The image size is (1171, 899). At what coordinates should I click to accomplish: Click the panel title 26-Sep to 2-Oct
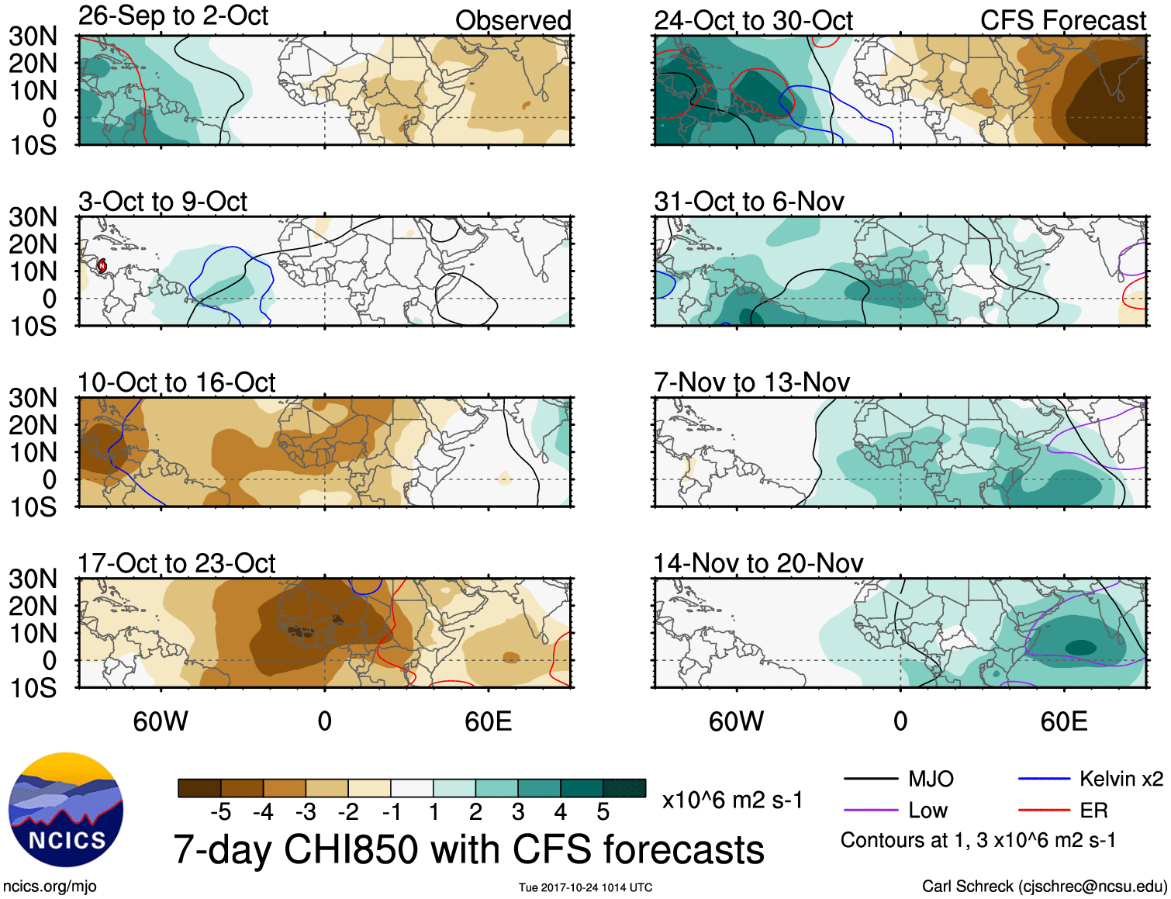[173, 16]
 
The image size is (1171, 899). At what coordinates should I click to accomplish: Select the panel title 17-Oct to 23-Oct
[177, 564]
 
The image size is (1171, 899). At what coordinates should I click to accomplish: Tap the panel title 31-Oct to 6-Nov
[749, 202]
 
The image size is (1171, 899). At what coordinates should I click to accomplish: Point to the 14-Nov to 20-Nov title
[758, 564]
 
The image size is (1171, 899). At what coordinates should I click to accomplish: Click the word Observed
[513, 21]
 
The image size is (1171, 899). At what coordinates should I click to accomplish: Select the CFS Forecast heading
[1062, 21]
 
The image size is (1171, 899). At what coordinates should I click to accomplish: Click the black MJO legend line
[870, 779]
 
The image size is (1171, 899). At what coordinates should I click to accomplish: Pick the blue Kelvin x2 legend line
[1044, 779]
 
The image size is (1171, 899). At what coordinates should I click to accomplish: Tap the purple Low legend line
[870, 811]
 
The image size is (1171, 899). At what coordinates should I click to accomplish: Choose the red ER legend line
[1044, 811]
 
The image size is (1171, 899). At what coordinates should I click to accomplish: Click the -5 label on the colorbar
[220, 812]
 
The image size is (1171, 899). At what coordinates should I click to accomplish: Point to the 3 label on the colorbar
[518, 812]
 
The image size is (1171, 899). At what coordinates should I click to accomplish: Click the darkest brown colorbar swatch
[199, 788]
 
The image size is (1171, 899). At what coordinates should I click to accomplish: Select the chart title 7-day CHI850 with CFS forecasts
[468, 849]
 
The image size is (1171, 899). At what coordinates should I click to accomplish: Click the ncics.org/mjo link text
[50, 886]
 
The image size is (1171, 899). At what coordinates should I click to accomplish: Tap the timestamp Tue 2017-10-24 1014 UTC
[585, 887]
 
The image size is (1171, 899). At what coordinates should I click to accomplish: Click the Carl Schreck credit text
[1044, 886]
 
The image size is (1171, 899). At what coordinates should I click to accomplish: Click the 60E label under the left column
[488, 722]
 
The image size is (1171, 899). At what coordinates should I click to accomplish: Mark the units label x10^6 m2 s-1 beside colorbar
[732, 800]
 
